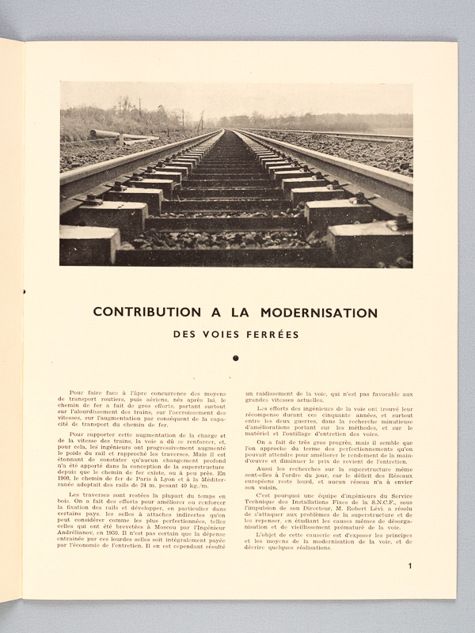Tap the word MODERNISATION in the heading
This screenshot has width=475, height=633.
pyautogui.click(x=316, y=312)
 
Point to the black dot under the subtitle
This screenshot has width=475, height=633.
pyautogui.click(x=235, y=358)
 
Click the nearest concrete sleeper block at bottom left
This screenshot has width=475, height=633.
pyautogui.click(x=89, y=244)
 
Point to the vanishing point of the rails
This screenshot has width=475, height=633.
pyautogui.click(x=229, y=130)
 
